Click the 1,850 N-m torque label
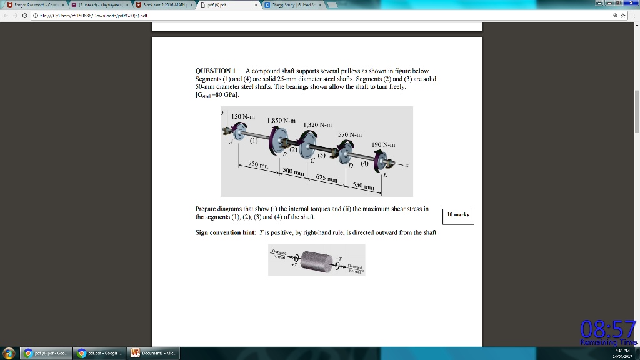click(281, 120)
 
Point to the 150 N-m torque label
click(243, 117)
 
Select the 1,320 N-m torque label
click(317, 124)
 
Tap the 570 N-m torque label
click(350, 134)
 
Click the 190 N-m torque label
click(383, 144)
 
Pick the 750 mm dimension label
click(259, 164)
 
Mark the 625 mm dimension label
click(326, 179)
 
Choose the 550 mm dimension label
click(363, 186)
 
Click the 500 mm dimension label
click(293, 171)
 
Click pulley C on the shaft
click(306, 150)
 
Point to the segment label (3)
click(321, 154)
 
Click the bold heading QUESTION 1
click(216, 71)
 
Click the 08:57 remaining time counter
click(607, 329)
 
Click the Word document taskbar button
click(154, 353)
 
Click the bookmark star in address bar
click(624, 16)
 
